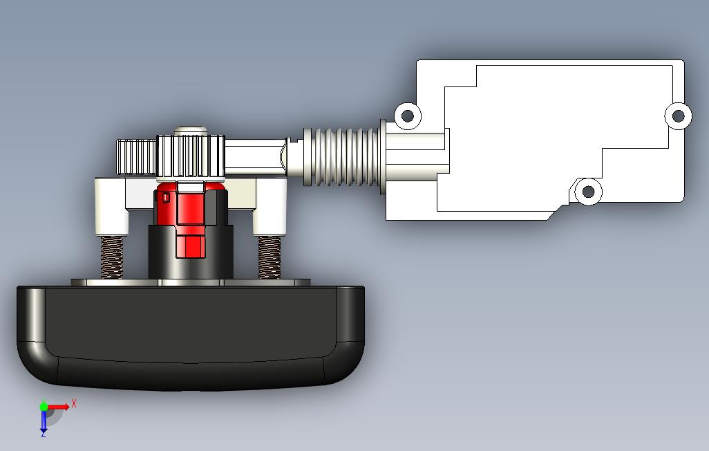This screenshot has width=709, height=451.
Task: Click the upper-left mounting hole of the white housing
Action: (408, 116)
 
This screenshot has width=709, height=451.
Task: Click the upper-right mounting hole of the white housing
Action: (678, 116)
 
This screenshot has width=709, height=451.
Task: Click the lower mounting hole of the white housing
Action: (588, 192)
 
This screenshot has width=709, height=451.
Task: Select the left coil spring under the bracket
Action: (112, 257)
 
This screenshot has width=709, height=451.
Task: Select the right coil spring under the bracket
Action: (270, 257)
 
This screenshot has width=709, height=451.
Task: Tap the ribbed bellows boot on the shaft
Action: (343, 156)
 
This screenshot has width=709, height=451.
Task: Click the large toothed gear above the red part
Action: (191, 156)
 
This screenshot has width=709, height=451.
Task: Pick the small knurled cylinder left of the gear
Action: (137, 157)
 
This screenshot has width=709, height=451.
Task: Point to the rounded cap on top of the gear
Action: (190, 130)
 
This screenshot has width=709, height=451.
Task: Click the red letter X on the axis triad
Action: (74, 403)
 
